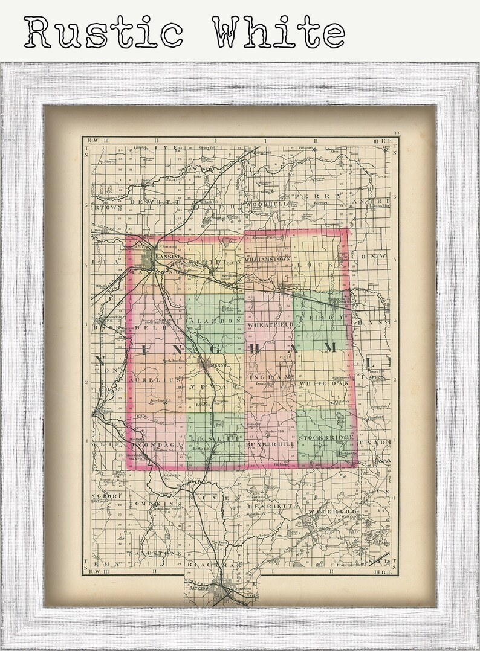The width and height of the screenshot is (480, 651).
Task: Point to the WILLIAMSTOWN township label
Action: click(268, 258)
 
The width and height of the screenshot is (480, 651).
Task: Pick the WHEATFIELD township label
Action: click(270, 325)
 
